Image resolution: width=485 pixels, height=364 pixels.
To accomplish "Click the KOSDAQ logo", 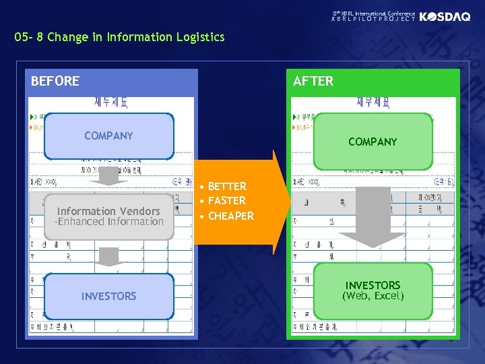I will coord(445,17).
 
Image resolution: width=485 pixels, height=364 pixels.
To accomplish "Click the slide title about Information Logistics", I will coord(119,37).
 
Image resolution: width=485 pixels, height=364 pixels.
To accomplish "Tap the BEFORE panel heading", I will coord(55,82).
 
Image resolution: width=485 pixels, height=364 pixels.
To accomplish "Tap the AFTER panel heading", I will coord(313,82).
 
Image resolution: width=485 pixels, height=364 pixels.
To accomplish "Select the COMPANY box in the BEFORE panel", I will coord(108,135).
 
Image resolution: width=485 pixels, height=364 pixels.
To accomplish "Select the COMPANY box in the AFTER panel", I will coord(373,142).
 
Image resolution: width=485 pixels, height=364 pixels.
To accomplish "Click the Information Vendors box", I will coord(108,216).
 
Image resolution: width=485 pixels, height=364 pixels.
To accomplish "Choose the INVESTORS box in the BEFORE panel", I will coord(108,296).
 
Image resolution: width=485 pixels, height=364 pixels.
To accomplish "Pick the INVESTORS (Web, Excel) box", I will coord(373,291).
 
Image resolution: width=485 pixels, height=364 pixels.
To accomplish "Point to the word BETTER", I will coord(227,186).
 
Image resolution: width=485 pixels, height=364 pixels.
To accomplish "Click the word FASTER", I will coord(227,201).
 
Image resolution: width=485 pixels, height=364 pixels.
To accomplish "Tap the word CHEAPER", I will coord(230,216).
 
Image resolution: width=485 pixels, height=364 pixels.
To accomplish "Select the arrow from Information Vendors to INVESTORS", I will coord(108,257).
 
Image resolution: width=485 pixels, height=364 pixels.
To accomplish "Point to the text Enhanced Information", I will coord(110,222).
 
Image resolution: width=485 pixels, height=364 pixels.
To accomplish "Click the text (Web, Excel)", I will coord(373,297).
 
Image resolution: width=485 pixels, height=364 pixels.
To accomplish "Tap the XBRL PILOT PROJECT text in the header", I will coord(373,20).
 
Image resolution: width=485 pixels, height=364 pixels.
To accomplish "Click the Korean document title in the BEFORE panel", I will coord(111,103).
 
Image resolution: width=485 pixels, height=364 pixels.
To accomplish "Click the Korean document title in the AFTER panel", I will coord(373,103).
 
